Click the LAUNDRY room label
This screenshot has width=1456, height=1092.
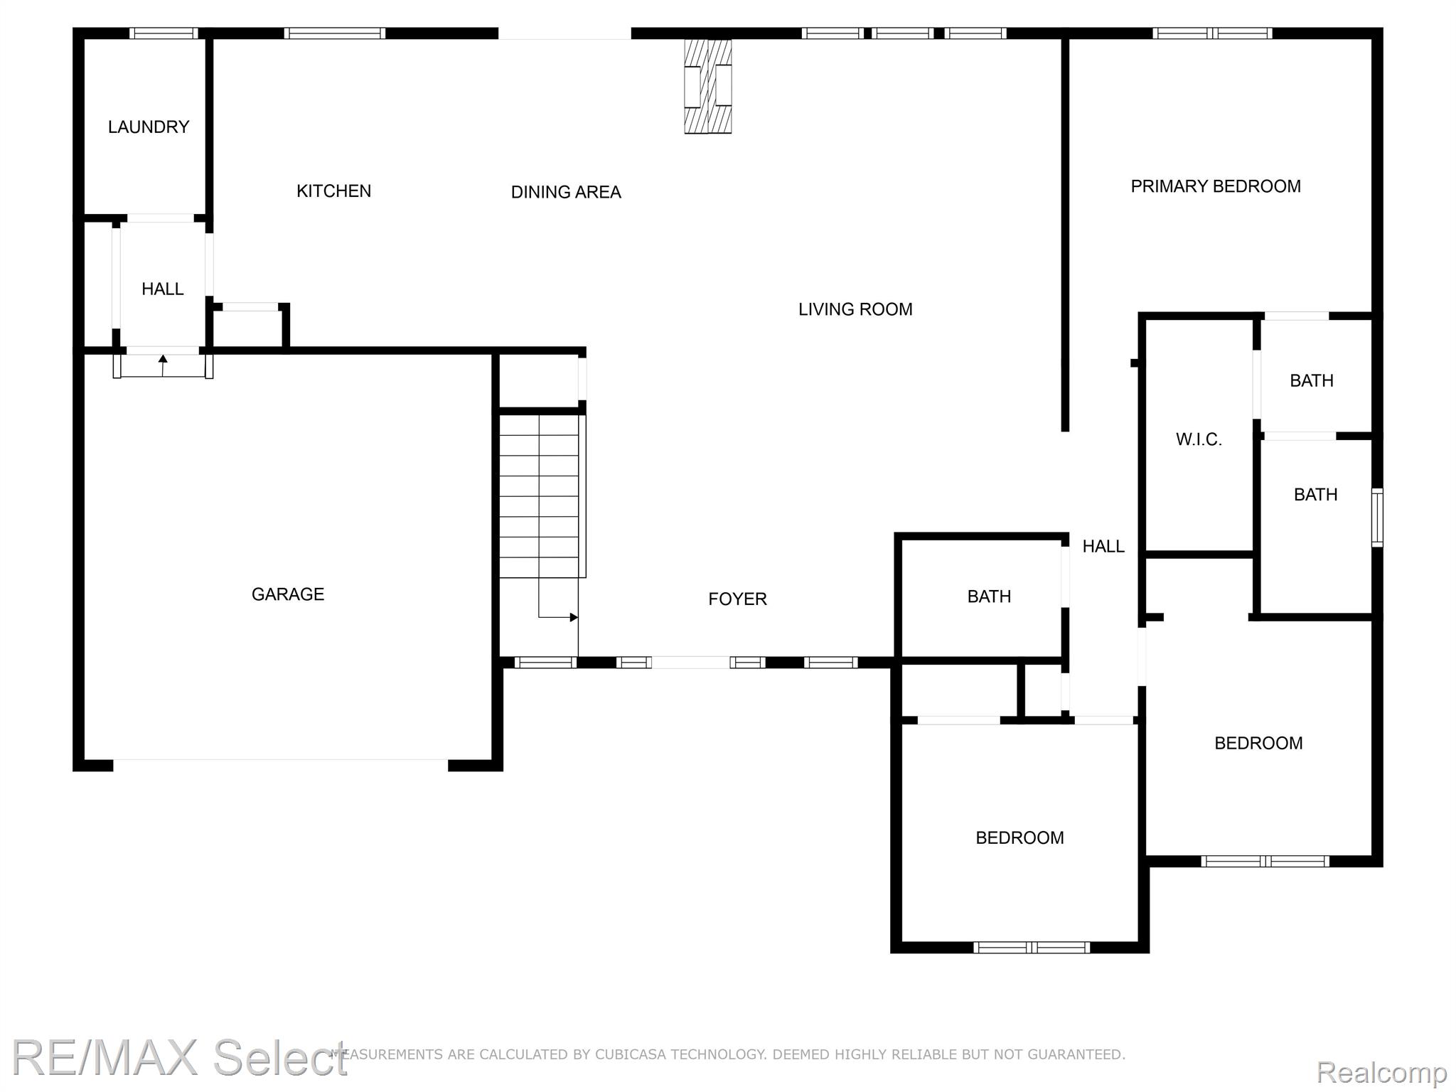[149, 127]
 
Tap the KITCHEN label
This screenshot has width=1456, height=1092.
[333, 191]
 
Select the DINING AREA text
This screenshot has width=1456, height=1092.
[566, 192]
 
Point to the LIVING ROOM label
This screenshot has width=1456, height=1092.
[855, 309]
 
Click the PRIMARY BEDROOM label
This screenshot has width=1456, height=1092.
[1216, 186]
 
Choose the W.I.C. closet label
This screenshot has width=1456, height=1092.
[1199, 439]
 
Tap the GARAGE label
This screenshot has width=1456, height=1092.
[288, 594]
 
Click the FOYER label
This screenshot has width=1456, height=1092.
[737, 599]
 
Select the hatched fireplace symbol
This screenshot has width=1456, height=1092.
[708, 86]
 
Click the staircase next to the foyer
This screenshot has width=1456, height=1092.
[542, 496]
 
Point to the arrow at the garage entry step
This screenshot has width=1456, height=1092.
[163, 365]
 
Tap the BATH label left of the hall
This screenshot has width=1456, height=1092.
[989, 596]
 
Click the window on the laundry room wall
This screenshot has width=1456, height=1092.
[164, 33]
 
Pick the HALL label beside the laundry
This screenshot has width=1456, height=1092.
[163, 289]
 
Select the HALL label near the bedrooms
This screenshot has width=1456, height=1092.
[1103, 546]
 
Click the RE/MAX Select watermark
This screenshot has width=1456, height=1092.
[180, 1057]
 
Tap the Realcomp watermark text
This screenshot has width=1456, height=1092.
[1381, 1072]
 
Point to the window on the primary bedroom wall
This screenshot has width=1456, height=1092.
[1212, 33]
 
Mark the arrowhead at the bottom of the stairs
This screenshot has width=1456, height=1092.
[574, 617]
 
